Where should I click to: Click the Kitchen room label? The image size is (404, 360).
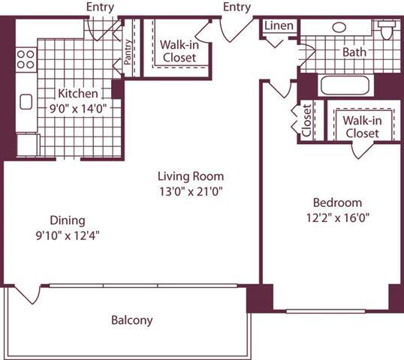[78, 94]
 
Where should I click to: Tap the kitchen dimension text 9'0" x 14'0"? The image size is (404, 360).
[78, 108]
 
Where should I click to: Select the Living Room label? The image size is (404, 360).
[191, 176]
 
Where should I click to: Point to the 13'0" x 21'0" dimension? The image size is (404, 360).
[191, 191]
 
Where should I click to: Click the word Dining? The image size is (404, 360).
[68, 220]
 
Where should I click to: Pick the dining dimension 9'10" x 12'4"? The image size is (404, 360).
[68, 235]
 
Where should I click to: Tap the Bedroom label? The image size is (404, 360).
[337, 202]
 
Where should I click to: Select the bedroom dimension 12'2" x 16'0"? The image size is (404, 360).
[337, 217]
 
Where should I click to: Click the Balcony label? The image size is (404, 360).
[131, 320]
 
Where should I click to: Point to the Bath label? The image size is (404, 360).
[354, 52]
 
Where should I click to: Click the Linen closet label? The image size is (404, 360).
[279, 25]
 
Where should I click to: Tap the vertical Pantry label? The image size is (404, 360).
[128, 52]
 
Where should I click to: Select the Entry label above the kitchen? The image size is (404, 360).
[100, 7]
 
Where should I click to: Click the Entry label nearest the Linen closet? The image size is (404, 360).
[237, 7]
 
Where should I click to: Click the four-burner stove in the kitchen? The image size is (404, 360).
[26, 58]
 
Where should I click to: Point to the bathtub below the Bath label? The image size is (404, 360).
[344, 84]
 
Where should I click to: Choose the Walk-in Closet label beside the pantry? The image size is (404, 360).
[179, 51]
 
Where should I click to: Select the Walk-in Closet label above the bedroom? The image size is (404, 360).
[360, 127]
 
